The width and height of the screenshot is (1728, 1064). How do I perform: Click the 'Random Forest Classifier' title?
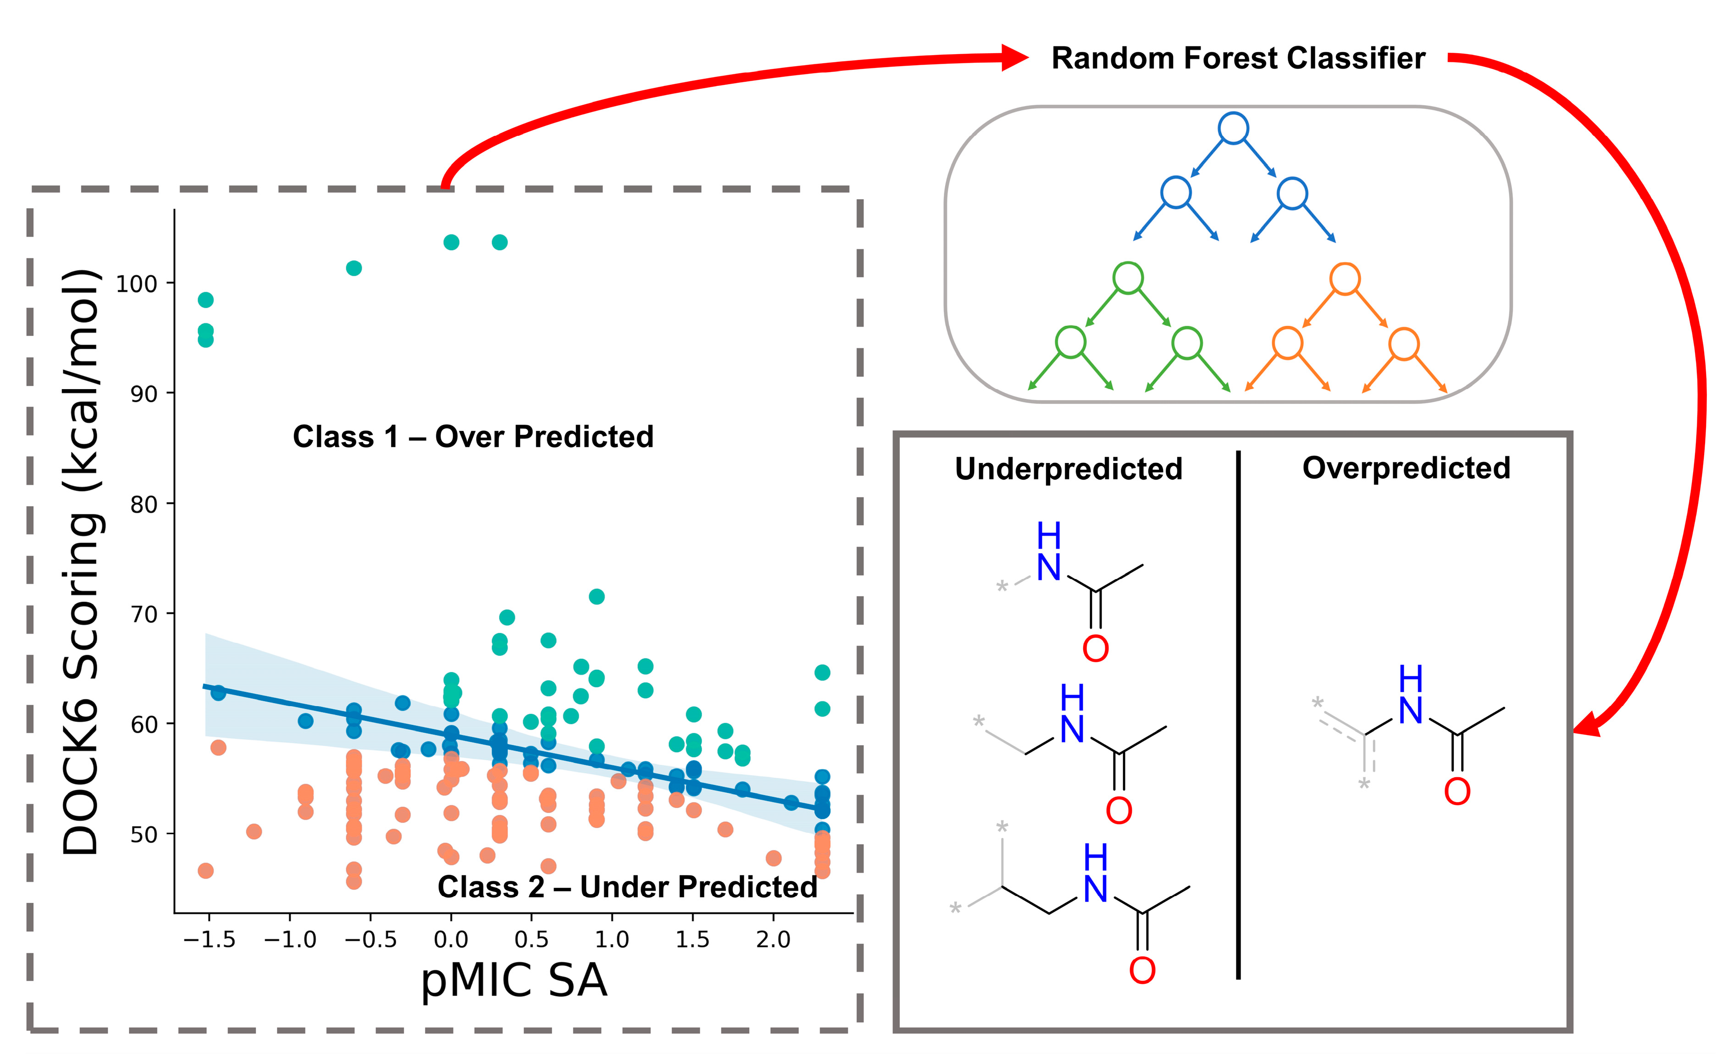tap(1238, 58)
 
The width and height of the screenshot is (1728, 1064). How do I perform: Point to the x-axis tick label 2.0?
tap(773, 940)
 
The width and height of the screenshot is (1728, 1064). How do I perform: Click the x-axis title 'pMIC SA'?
tap(514, 980)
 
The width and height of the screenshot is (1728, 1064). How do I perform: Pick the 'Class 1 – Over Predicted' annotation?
tap(473, 437)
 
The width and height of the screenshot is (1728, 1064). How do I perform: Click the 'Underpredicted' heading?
tap(1069, 468)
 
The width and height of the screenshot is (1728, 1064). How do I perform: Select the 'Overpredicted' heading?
tap(1406, 468)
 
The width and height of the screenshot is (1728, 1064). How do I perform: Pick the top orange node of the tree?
tap(1344, 279)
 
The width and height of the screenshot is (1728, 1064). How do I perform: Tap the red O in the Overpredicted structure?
tap(1457, 791)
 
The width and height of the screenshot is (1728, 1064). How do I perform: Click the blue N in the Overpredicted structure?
tap(1410, 711)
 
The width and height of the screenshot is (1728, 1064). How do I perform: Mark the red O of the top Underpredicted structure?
tap(1095, 649)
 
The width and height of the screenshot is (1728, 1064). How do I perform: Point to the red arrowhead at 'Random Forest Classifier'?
tap(1014, 58)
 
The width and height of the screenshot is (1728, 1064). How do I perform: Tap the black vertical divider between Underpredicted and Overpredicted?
tap(1238, 714)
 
